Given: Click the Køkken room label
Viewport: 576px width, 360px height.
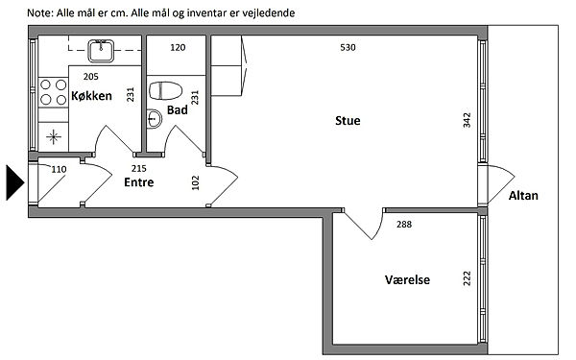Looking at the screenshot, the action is point(91,96).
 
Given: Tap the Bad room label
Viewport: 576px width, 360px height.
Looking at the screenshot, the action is point(178,109).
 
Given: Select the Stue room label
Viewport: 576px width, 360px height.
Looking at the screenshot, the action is point(348,121).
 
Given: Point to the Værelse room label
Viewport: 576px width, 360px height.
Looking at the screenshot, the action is point(407,280).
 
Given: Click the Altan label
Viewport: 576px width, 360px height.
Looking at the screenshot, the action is point(523,196).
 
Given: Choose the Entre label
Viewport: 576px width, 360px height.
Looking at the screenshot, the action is point(139,182).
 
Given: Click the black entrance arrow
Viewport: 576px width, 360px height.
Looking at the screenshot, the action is point(15,182).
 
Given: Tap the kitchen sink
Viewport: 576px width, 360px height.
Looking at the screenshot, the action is point(101,51).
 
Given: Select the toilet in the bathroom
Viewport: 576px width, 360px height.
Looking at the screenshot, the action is point(166,91).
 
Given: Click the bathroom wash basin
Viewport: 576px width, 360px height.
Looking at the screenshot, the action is point(155,119).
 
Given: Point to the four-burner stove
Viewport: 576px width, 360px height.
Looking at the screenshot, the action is point(53,92).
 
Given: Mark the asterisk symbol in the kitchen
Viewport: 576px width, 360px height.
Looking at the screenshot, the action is point(54,137).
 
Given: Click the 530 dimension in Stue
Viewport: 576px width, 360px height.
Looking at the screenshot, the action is point(348,47).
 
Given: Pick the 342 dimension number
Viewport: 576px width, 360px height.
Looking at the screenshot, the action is point(467,120).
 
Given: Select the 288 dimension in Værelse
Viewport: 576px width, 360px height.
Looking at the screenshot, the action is point(404,224).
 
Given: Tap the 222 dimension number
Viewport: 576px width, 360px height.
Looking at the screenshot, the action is point(467,278).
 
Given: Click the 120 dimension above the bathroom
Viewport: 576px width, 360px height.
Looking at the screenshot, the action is point(178,47).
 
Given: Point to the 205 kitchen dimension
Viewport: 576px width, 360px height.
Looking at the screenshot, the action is point(91,77).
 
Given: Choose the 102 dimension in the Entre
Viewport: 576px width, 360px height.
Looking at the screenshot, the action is point(196,182).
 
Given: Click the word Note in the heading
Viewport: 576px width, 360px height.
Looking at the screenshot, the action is point(40,13).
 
